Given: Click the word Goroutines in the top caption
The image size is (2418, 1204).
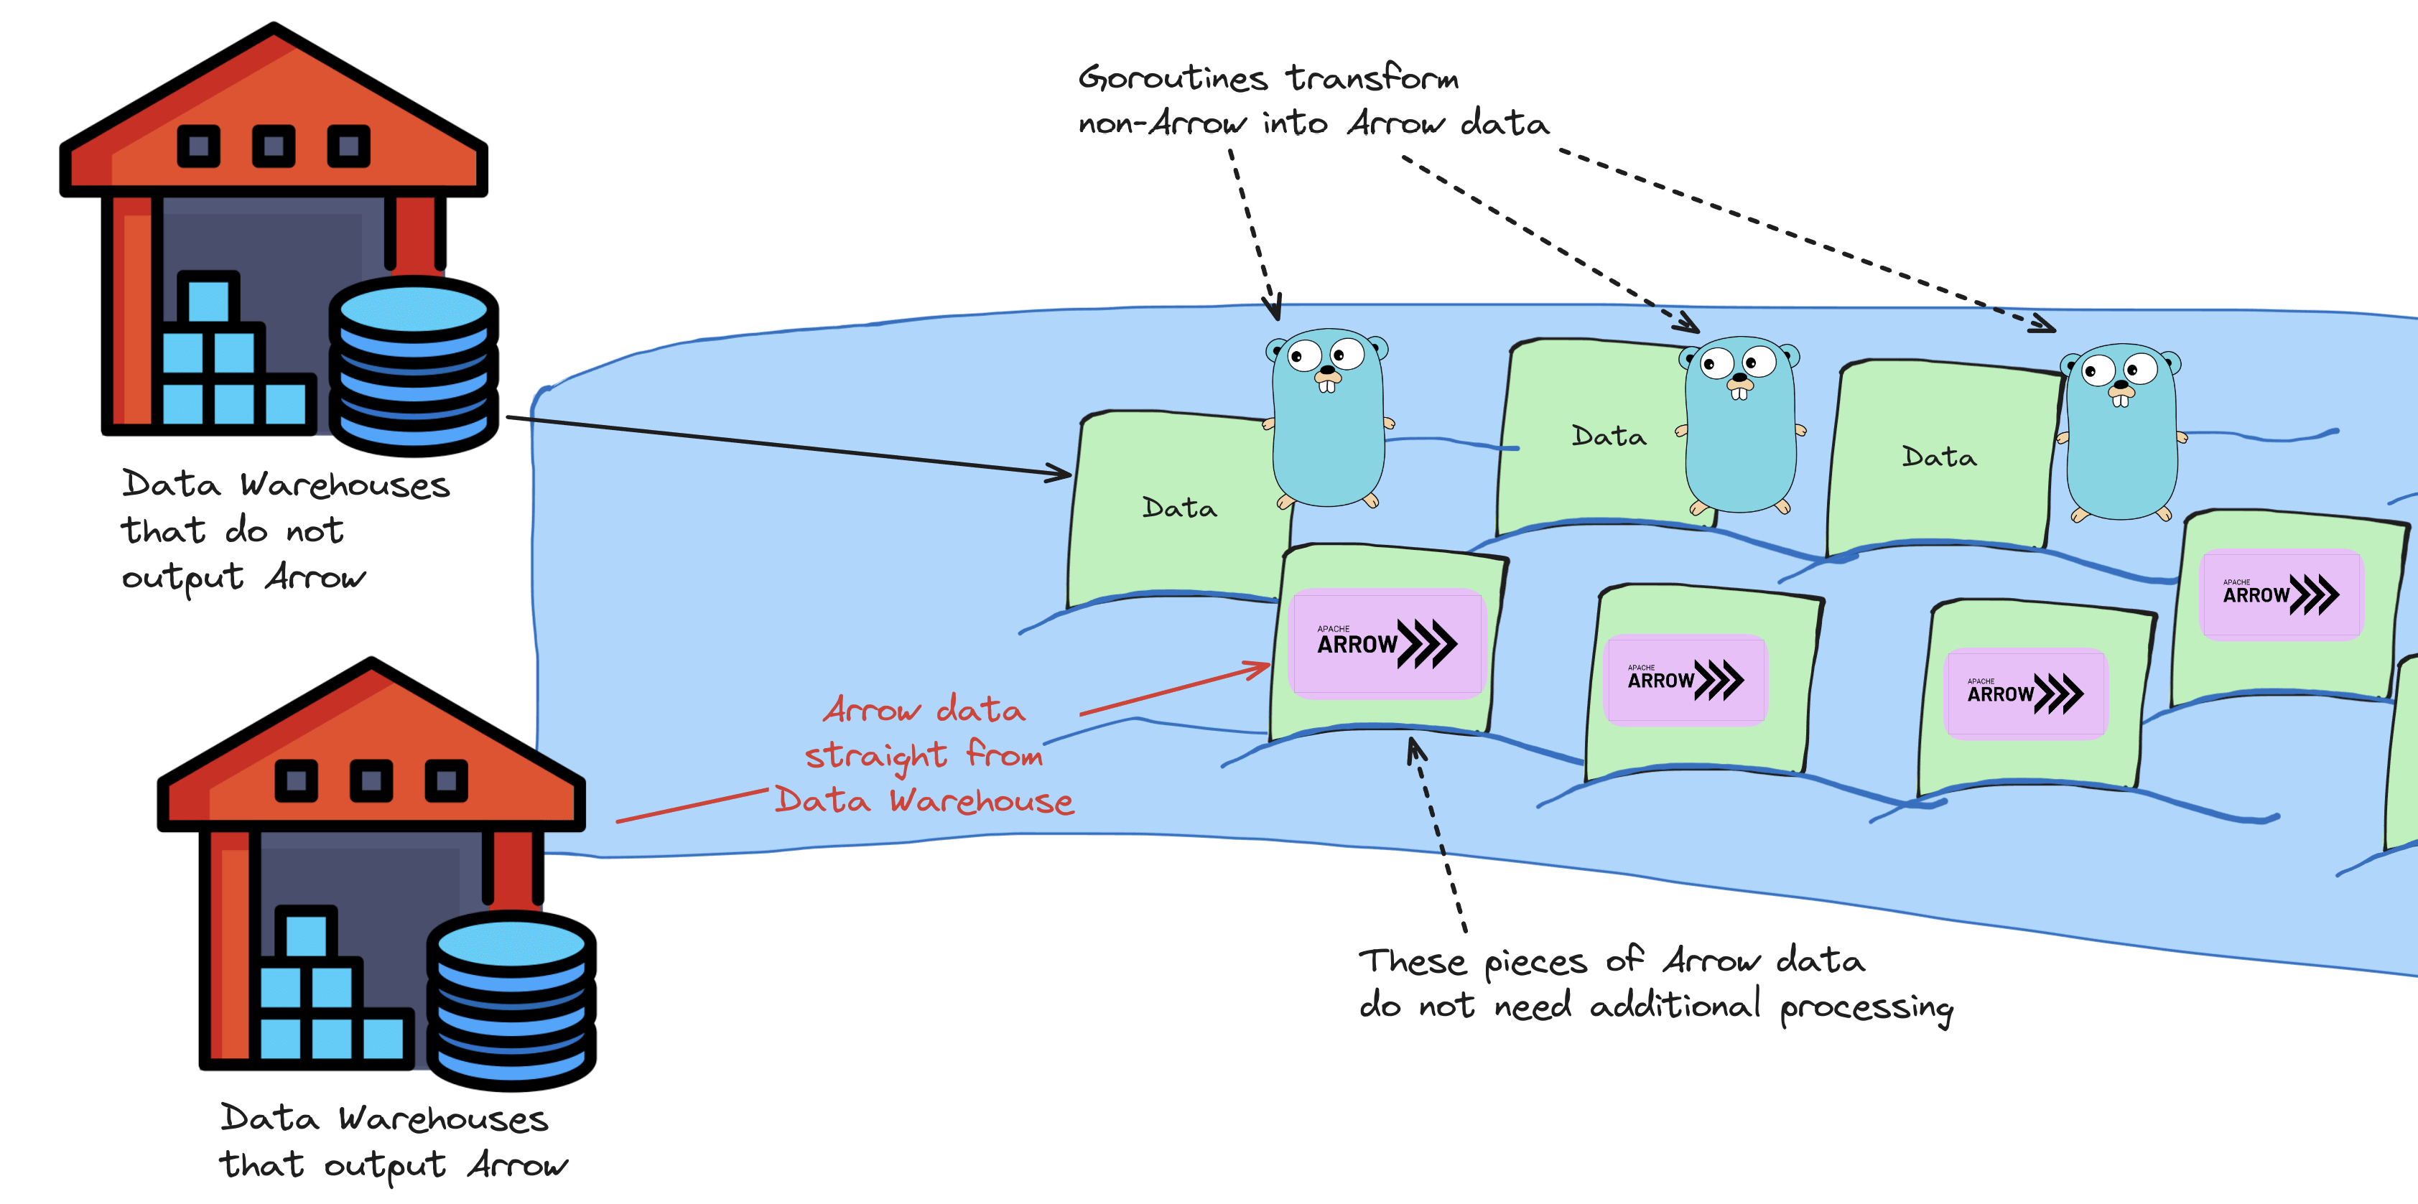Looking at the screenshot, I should [x=1173, y=78].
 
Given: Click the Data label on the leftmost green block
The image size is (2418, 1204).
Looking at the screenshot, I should [x=1179, y=508].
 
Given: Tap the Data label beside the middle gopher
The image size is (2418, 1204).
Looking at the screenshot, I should [x=1608, y=437].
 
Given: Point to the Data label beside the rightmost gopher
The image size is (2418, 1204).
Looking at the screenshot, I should [x=1938, y=457].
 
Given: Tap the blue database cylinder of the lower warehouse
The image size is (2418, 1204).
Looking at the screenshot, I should [x=511, y=999].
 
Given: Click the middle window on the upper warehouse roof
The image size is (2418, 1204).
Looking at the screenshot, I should [x=274, y=146].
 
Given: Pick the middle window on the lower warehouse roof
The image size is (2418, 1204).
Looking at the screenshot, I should [x=372, y=781].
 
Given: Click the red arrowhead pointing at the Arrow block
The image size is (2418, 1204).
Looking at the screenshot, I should [x=1260, y=667].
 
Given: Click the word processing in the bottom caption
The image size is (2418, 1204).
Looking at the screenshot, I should [x=1866, y=1008].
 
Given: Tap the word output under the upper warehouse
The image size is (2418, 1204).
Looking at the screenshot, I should [x=182, y=578].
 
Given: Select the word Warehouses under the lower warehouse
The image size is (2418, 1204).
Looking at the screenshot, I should [x=443, y=1119].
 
